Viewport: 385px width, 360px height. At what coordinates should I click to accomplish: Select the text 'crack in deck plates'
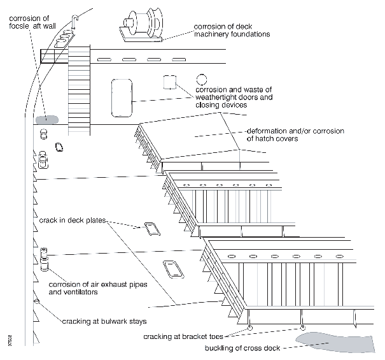[69, 220]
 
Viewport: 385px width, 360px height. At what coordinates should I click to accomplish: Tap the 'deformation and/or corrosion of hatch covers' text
[295, 134]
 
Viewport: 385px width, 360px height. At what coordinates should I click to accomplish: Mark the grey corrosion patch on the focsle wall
[46, 119]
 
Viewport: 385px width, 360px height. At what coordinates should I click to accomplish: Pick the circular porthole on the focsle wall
[202, 80]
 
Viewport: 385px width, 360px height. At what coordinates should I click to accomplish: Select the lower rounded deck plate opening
[172, 270]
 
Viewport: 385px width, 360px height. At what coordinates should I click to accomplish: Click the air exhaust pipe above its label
[44, 259]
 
